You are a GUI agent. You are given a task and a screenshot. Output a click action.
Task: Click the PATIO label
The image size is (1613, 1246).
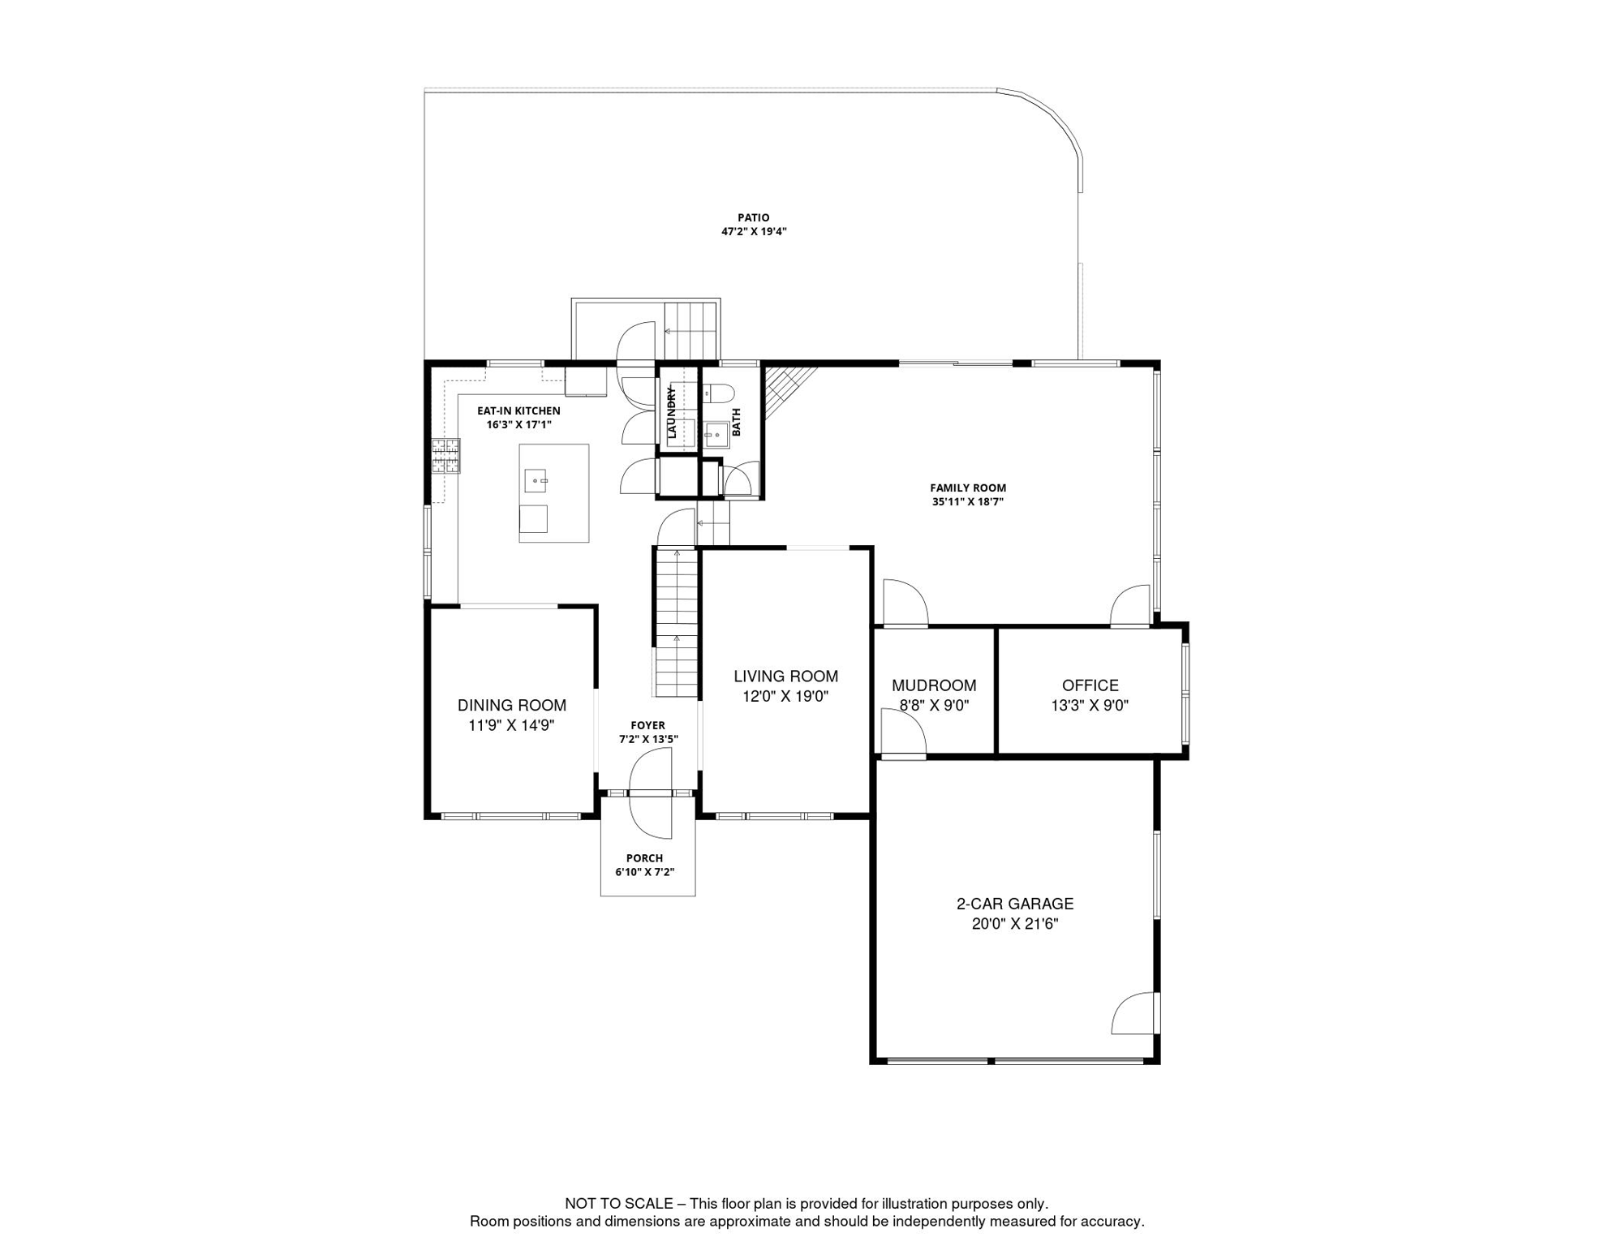753,217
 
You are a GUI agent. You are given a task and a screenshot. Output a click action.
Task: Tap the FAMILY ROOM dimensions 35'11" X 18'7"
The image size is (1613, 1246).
967,501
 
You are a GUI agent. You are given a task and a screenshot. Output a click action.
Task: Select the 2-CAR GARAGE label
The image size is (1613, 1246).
1014,903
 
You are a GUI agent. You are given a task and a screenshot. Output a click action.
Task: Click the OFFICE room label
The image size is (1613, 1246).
1090,685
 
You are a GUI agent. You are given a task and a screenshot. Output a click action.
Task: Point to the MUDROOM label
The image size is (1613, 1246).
934,685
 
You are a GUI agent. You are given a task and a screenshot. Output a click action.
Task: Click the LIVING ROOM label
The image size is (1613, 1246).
785,676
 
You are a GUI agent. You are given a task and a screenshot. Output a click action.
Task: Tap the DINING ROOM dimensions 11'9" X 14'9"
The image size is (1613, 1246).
511,725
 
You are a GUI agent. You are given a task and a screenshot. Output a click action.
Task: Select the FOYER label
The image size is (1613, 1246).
647,725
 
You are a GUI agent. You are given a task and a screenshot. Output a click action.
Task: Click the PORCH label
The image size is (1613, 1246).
644,857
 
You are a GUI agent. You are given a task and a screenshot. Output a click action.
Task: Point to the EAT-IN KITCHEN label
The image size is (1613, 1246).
518,410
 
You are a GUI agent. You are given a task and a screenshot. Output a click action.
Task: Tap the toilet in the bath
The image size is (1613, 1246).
718,394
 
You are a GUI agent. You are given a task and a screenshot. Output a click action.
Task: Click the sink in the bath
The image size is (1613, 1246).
716,435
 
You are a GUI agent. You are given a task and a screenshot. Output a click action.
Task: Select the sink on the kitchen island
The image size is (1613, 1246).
536,481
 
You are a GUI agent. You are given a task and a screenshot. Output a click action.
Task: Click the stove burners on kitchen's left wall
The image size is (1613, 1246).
445,456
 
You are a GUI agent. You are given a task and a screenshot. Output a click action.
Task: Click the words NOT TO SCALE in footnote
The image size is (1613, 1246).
619,1204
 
